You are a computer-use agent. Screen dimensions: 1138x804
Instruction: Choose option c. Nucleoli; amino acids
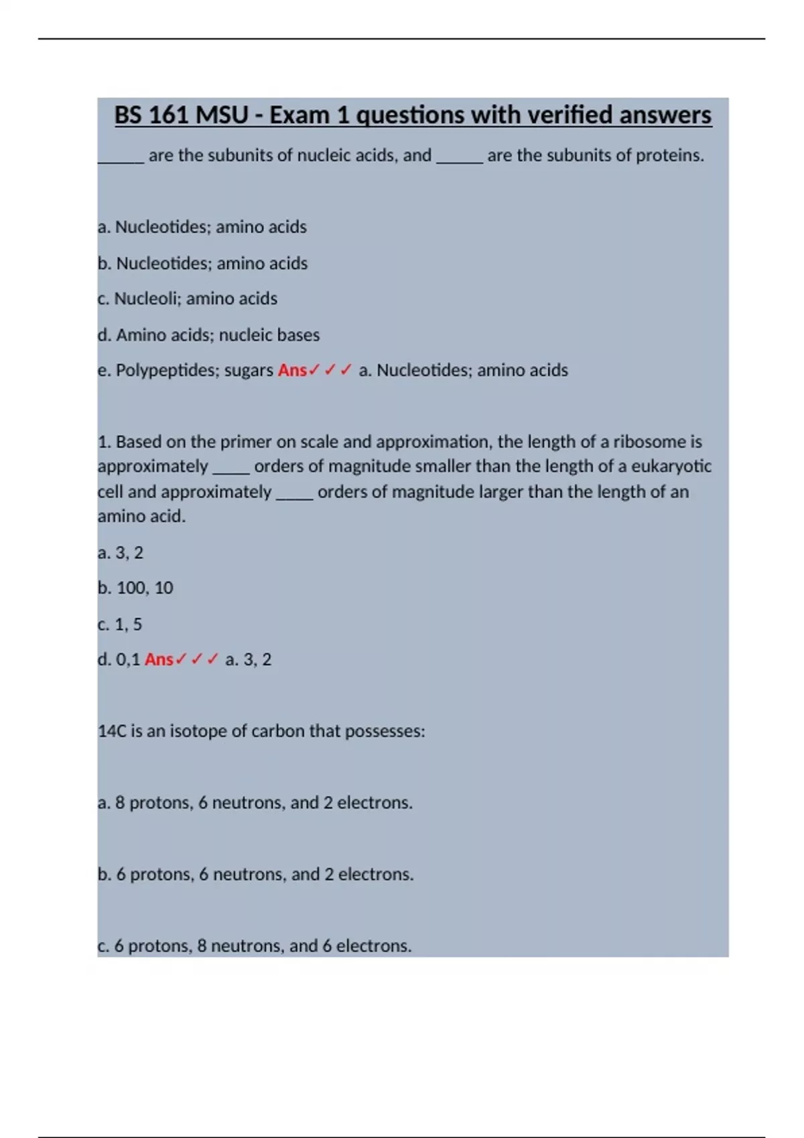pyautogui.click(x=188, y=299)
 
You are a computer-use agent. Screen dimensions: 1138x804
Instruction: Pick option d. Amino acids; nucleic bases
pyautogui.click(x=208, y=335)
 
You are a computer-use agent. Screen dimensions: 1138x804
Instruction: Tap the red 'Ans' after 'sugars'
pyautogui.click(x=292, y=370)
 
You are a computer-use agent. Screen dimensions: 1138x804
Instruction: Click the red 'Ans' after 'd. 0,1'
pyautogui.click(x=159, y=659)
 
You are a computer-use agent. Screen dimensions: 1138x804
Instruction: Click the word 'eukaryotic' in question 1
pyautogui.click(x=671, y=467)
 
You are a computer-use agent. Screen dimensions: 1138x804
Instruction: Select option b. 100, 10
pyautogui.click(x=135, y=588)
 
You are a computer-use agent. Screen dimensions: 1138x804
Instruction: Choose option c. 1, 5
pyautogui.click(x=120, y=624)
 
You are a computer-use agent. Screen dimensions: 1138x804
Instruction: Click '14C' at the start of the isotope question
pyautogui.click(x=112, y=731)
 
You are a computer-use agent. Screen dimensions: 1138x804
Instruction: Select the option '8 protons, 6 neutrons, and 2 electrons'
pyautogui.click(x=255, y=803)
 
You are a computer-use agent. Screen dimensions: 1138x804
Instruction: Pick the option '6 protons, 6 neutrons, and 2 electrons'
pyautogui.click(x=255, y=874)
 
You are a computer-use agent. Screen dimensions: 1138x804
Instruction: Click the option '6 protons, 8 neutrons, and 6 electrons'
pyautogui.click(x=255, y=946)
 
